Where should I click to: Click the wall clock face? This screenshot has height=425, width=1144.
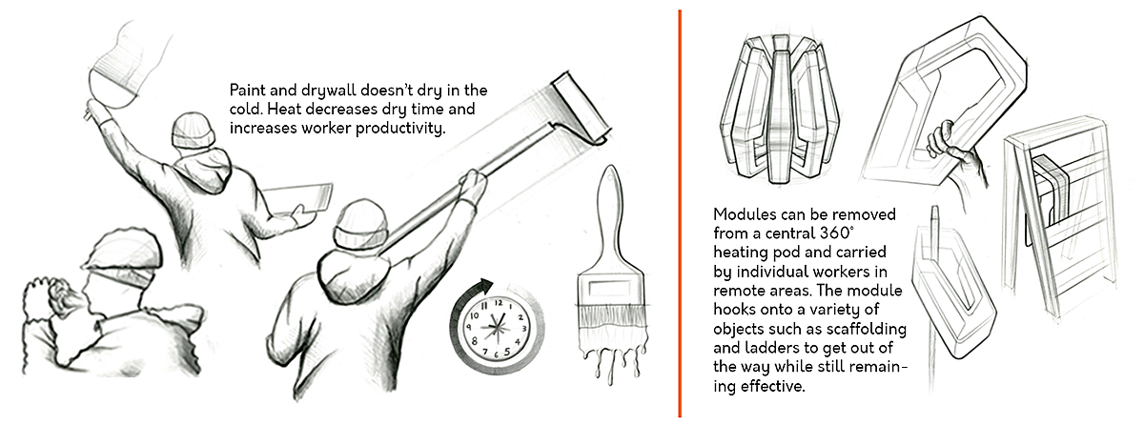495,327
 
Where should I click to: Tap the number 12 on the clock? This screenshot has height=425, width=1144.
499,303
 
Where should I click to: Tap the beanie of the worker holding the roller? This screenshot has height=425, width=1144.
361,226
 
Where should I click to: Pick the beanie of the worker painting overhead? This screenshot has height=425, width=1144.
194,131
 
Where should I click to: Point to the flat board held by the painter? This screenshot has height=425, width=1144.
298,200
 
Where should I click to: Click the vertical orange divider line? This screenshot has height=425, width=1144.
680,213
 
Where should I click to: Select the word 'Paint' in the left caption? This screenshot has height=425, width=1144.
247,91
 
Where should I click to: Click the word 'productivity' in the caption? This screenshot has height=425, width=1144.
400,129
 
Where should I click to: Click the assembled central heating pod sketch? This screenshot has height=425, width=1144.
780,109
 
